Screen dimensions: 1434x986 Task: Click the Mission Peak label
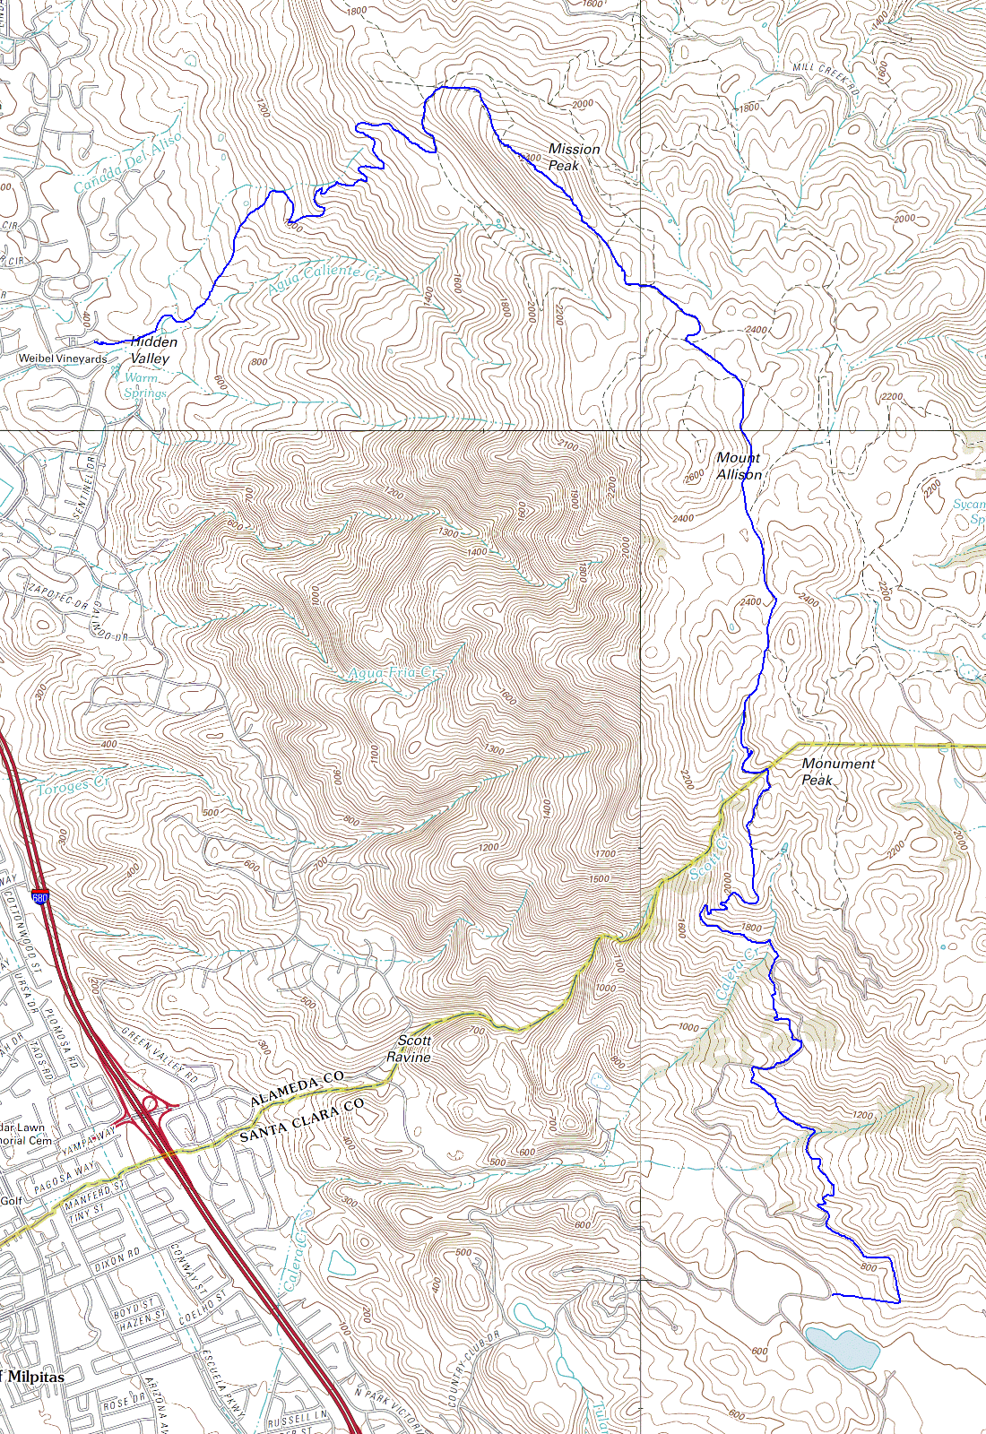tap(574, 157)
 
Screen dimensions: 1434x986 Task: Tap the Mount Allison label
tap(739, 466)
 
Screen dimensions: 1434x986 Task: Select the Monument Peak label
tap(837, 772)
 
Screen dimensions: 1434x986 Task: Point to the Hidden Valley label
tap(153, 350)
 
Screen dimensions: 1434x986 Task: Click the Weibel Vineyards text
tap(63, 358)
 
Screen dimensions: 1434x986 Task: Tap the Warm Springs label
tap(144, 385)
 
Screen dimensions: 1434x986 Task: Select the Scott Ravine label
tap(409, 1049)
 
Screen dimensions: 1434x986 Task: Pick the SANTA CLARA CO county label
tap(301, 1120)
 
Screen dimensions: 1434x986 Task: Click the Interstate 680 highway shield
tap(39, 897)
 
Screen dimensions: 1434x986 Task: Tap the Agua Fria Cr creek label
tap(393, 673)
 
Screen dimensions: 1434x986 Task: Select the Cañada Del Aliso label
tap(127, 162)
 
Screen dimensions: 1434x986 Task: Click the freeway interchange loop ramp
tap(149, 1103)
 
